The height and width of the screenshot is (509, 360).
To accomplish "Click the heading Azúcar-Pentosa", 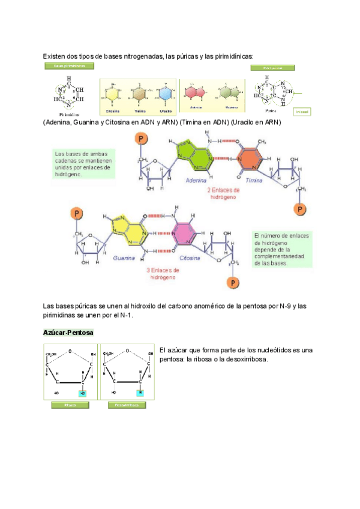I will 68,333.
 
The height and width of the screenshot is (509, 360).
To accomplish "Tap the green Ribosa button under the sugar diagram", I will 70,405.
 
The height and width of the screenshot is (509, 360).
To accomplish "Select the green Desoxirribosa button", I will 127,405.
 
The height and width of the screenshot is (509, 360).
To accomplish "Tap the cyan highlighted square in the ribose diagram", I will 83,393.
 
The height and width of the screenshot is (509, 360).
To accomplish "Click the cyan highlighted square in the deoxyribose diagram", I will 140,393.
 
